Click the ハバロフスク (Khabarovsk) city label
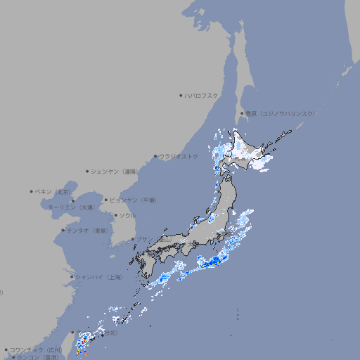[x=202, y=95]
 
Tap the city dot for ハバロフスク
[x=181, y=95]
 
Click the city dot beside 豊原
[x=242, y=113]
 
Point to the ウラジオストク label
[x=179, y=156]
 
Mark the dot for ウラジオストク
[x=155, y=156]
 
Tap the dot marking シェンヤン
[x=88, y=171]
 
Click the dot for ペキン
[x=32, y=191]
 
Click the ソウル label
[x=127, y=215]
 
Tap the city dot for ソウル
[x=115, y=215]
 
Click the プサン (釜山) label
[x=155, y=239]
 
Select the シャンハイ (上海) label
[x=99, y=277]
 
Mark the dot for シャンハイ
[x=72, y=277]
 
